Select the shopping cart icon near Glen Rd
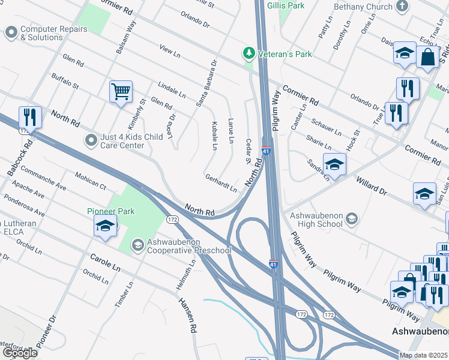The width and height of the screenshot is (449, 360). click(121, 92)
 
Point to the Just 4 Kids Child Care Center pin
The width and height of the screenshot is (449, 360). click(91, 140)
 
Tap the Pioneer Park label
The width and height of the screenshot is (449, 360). click(111, 211)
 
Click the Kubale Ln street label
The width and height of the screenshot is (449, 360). click(214, 135)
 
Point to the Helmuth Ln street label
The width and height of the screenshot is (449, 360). click(186, 275)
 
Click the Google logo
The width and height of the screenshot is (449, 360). click(20, 352)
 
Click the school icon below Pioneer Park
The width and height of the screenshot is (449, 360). click(105, 226)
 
